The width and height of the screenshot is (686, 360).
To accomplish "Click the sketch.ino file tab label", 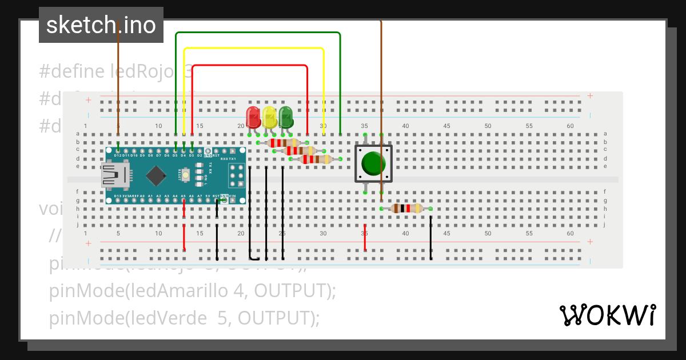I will tap(101, 25).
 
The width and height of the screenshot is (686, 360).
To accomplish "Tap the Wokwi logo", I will tap(607, 315).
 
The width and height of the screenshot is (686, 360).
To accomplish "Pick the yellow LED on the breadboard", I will tap(270, 117).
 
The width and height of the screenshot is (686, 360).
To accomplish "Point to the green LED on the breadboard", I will tap(286, 117).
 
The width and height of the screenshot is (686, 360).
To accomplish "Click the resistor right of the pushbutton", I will tap(406, 209).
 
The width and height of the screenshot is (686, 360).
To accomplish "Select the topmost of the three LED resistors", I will tap(284, 143).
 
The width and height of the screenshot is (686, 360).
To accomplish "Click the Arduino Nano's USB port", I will tap(114, 175).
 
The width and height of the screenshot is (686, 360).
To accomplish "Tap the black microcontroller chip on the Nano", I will tap(157, 175).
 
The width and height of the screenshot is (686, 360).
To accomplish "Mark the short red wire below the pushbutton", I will tap(365, 241).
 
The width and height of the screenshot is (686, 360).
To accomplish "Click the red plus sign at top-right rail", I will tap(590, 96).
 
